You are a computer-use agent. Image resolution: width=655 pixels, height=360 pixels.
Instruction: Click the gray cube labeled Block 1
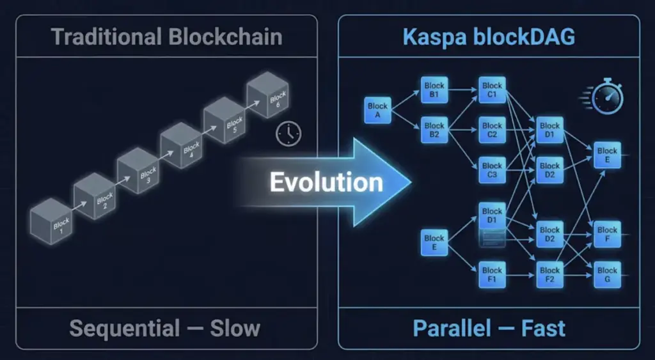click(x=52, y=221)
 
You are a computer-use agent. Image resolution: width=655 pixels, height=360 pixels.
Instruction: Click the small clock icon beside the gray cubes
click(x=288, y=133)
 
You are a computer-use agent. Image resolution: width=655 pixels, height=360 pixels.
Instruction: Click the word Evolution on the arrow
click(x=326, y=182)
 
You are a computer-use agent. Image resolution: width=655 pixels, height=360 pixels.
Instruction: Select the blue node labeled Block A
click(x=377, y=110)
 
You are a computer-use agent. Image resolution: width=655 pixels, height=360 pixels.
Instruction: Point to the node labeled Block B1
click(x=434, y=90)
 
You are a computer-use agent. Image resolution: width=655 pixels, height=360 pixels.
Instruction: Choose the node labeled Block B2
click(x=434, y=130)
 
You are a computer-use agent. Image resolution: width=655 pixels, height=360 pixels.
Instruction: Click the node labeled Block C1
click(x=492, y=90)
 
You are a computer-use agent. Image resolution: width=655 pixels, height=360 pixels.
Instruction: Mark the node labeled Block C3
click(x=492, y=170)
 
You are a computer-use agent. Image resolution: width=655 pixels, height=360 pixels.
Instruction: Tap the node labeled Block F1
click(x=492, y=275)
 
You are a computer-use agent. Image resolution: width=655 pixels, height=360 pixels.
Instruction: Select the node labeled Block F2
click(x=549, y=275)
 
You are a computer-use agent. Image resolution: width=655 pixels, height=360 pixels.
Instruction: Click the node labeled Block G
click(x=607, y=275)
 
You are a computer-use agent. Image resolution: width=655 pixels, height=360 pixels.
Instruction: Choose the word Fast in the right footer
click(x=542, y=329)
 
